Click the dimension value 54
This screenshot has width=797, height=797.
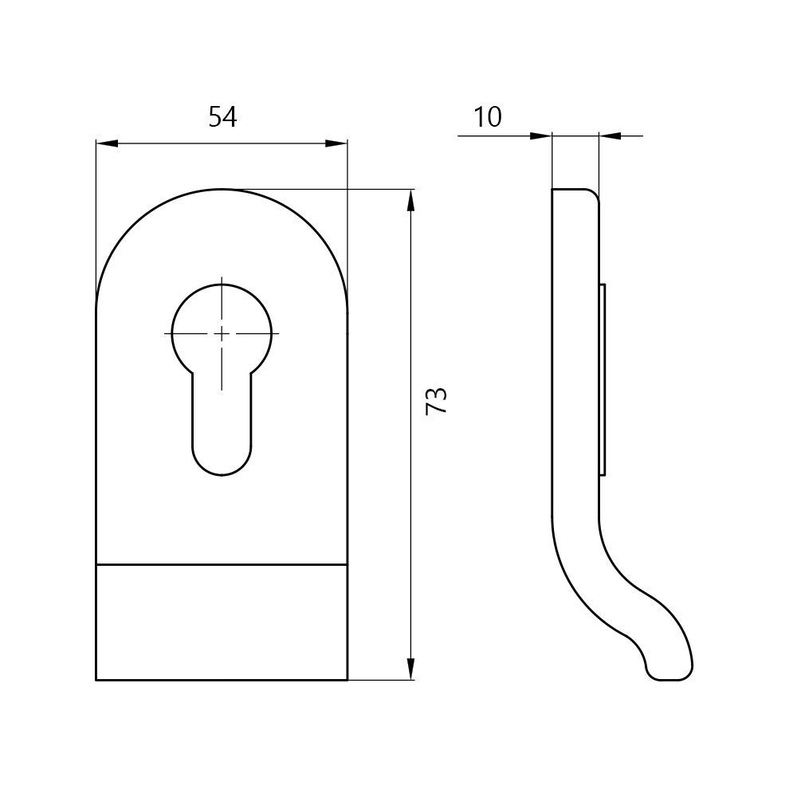click(x=222, y=117)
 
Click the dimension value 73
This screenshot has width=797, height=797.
click(x=436, y=401)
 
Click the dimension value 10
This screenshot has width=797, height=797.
click(x=488, y=117)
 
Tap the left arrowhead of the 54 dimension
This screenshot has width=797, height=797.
click(x=107, y=143)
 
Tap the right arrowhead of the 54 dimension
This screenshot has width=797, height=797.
click(x=336, y=143)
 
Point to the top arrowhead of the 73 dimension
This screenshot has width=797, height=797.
click(x=410, y=200)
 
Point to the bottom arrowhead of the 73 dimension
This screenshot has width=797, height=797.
click(x=410, y=669)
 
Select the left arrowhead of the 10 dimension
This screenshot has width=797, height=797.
click(x=541, y=135)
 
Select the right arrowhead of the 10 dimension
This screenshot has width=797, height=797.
click(x=610, y=135)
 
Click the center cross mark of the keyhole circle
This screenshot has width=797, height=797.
click(x=222, y=333)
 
